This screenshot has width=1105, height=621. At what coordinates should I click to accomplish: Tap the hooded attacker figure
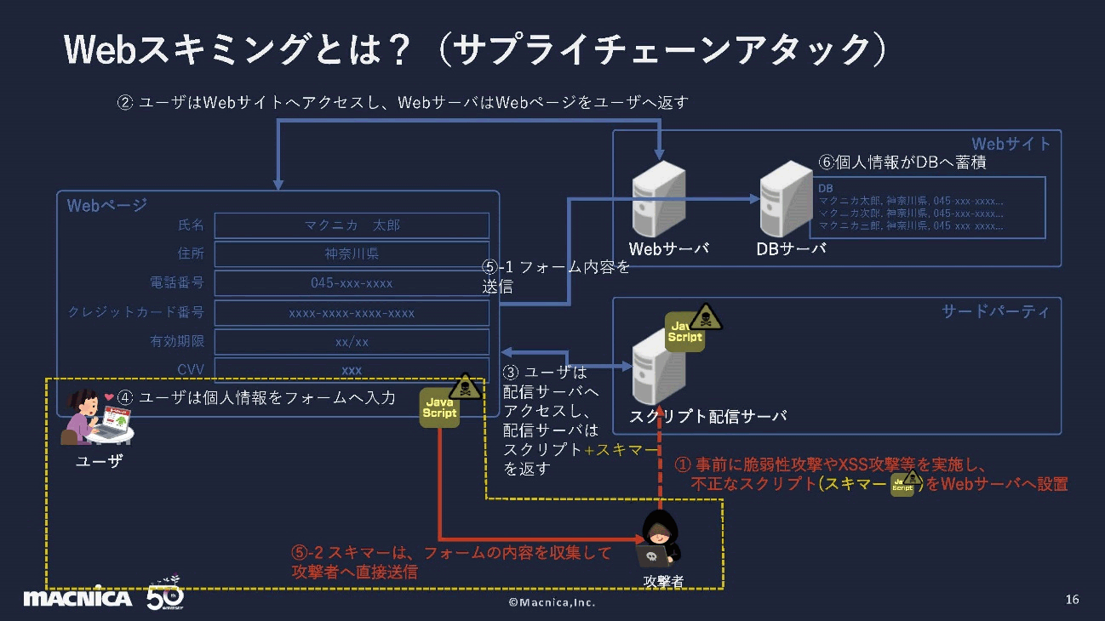click(659, 539)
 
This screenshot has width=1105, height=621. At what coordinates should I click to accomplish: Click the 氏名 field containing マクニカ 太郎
click(352, 225)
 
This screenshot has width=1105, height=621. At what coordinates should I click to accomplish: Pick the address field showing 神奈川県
click(352, 254)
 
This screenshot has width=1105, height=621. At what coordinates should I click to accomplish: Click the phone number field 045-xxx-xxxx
click(352, 283)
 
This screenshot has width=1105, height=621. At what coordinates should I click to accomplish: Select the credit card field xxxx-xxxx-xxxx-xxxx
click(352, 313)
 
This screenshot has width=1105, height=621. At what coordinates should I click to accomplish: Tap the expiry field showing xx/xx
click(352, 342)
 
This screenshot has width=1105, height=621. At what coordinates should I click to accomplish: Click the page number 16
click(1072, 600)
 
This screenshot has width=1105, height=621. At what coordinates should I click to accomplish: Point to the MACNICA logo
click(77, 598)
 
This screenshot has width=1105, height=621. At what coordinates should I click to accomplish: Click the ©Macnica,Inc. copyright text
click(552, 602)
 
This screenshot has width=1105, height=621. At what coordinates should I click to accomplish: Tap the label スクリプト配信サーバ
click(707, 416)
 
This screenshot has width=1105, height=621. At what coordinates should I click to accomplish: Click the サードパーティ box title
click(995, 311)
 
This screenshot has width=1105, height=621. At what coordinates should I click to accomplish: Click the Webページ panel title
click(107, 205)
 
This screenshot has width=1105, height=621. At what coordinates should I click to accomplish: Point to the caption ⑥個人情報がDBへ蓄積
click(902, 162)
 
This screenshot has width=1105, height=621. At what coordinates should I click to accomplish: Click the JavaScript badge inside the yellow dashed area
click(439, 407)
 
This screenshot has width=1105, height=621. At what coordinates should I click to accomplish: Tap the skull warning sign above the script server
click(705, 317)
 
